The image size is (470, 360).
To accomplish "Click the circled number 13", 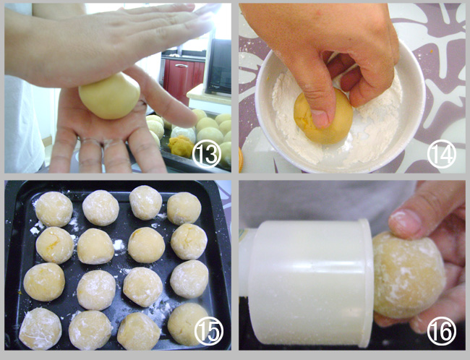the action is [x=207, y=154].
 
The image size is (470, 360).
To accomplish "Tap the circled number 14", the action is [x=442, y=154].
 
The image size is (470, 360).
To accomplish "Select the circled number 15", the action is [x=209, y=331].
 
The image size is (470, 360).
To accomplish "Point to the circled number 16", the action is [x=442, y=331].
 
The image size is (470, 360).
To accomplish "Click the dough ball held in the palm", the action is [x=109, y=96].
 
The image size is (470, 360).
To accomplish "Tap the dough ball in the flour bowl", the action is [x=323, y=117].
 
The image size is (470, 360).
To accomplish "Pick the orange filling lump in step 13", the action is [x=181, y=146].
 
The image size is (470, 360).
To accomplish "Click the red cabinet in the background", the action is [x=182, y=77].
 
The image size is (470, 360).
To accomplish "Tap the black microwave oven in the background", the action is [x=218, y=66].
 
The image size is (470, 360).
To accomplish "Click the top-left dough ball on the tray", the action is [x=54, y=209].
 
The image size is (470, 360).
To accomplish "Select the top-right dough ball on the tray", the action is [x=184, y=208].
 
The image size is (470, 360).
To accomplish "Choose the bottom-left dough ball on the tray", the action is [x=40, y=329].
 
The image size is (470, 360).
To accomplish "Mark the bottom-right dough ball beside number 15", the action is [x=188, y=324].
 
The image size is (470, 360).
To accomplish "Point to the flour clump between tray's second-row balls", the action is [x=119, y=244].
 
